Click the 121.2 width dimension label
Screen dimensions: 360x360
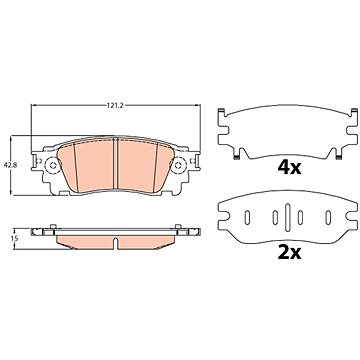pos(115,106)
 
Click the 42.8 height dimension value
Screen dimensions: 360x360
pos(6,164)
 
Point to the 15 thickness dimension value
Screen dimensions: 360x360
pos(14,238)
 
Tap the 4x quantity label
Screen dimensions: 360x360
pos(290,168)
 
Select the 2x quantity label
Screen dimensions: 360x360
pos(290,253)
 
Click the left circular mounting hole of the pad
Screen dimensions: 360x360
pos(52,165)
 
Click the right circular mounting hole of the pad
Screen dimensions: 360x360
pos(178,165)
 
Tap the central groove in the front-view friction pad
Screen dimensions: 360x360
pos(116,165)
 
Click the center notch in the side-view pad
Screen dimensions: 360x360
pos(115,244)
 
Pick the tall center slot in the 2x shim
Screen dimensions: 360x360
pos(288,217)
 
